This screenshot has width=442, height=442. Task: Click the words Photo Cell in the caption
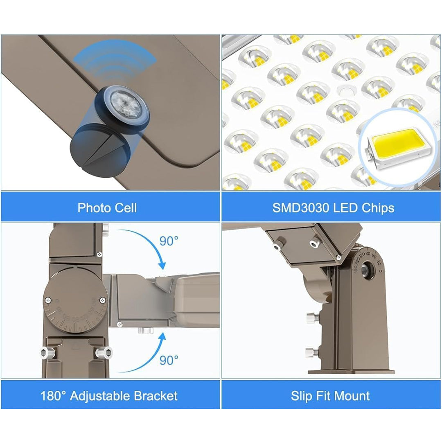click(x=107, y=208)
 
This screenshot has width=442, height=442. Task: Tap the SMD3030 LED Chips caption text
click(x=333, y=208)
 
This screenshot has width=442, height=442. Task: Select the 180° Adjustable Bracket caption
click(x=109, y=396)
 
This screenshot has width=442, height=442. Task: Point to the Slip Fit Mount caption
click(x=330, y=396)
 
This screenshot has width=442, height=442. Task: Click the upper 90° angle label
click(x=169, y=241)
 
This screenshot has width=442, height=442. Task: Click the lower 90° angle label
click(x=169, y=360)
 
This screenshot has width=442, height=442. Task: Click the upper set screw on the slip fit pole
click(x=313, y=318)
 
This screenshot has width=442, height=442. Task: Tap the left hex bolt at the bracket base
click(x=47, y=353)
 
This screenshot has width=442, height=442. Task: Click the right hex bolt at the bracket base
click(x=103, y=353)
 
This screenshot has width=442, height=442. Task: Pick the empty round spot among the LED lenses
click(x=347, y=91)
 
